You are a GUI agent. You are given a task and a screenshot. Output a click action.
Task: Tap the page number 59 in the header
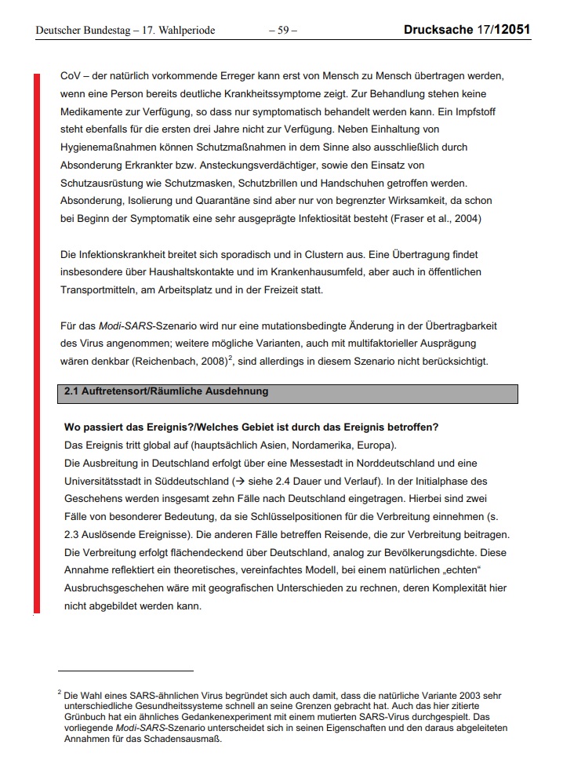pyautogui.click(x=282, y=31)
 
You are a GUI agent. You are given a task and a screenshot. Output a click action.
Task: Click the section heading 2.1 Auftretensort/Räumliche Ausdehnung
pyautogui.click(x=166, y=391)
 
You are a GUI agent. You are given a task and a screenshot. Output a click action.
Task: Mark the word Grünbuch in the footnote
pyautogui.click(x=82, y=716)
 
